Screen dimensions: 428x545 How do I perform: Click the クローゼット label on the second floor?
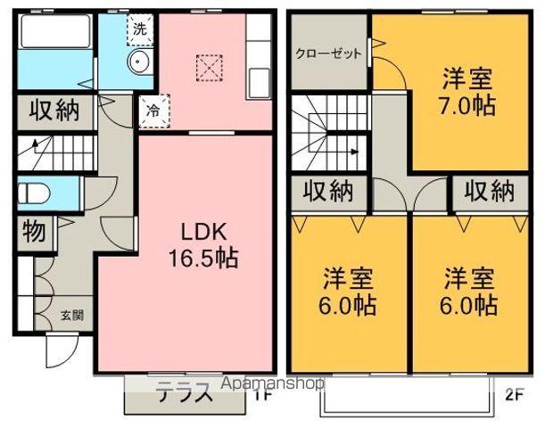(x=329, y=53)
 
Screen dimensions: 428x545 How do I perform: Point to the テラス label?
(x=186, y=391)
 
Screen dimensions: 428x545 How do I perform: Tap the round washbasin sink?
(x=138, y=62)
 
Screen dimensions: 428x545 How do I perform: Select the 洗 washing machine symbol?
(x=140, y=28)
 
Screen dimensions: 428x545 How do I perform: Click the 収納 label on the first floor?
(x=54, y=111)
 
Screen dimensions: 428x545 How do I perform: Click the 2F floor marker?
(x=515, y=393)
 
